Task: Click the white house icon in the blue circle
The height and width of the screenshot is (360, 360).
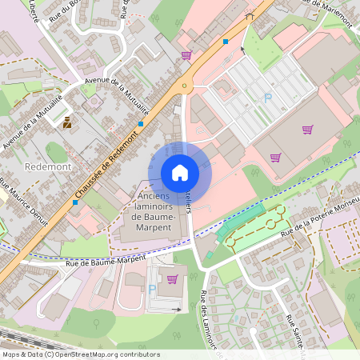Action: click(180, 172)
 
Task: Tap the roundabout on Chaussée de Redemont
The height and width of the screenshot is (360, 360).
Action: click(186, 86)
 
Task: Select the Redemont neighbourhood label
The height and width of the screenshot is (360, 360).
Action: click(48, 166)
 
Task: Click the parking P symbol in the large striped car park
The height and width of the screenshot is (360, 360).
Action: click(268, 98)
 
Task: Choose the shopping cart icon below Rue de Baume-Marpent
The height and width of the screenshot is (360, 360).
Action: click(172, 279)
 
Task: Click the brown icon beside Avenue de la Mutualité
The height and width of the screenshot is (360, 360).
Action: click(67, 123)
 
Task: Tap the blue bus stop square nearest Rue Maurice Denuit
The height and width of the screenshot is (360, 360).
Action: click(75, 202)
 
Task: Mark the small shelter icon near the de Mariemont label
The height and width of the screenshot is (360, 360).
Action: click(250, 16)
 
